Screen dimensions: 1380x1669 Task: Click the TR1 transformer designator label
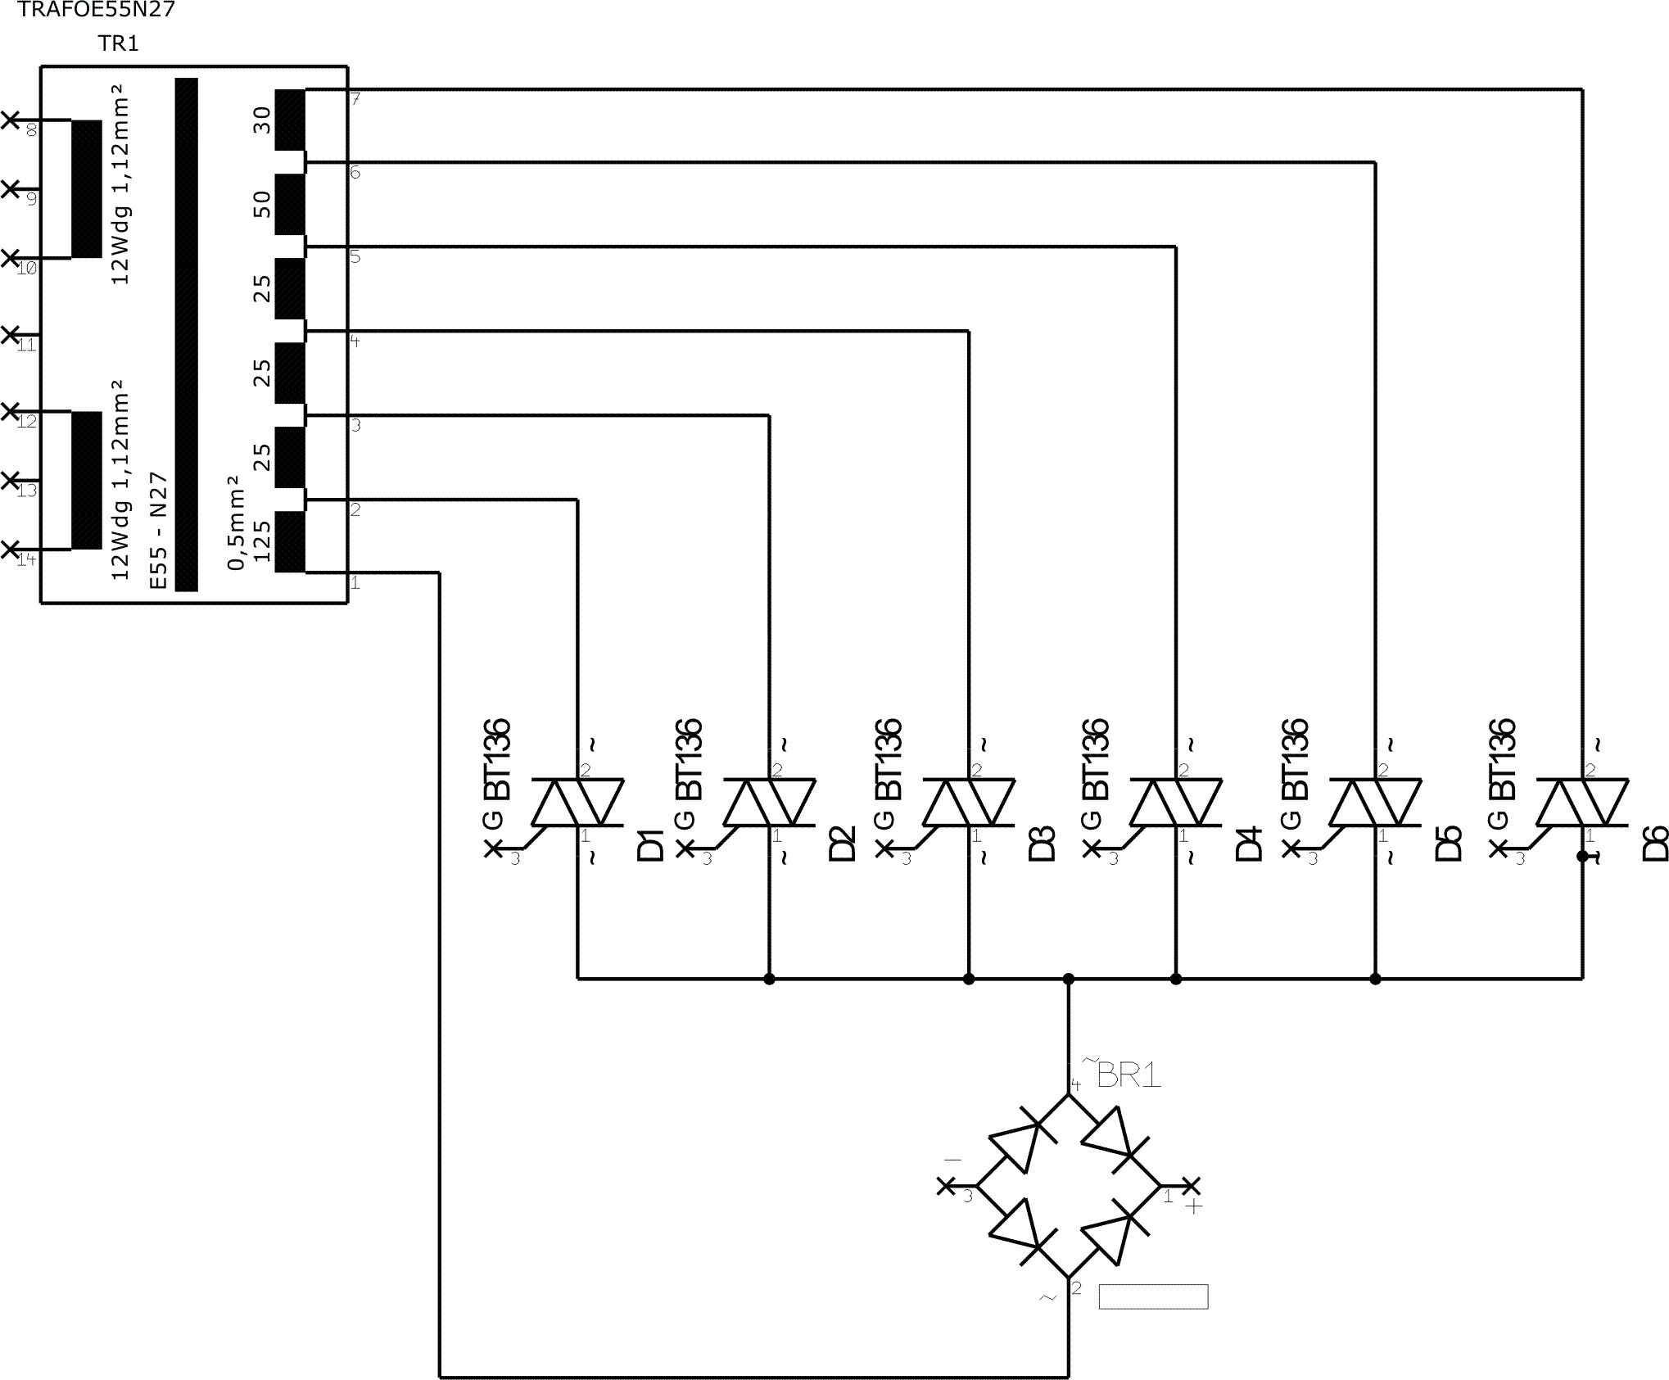[x=119, y=43]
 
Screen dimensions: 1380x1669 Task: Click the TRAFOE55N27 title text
[x=96, y=10]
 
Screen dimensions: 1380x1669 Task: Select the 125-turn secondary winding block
[x=290, y=541]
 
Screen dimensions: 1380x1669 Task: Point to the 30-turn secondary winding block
[x=290, y=120]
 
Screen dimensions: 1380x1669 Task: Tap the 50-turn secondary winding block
[x=290, y=204]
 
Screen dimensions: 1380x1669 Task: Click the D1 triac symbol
[x=578, y=802]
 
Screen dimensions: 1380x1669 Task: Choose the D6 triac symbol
[x=1582, y=802]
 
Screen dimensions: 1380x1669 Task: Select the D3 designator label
[x=1042, y=844]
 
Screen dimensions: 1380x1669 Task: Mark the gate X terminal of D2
[x=685, y=849]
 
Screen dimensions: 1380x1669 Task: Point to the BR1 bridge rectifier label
[x=1128, y=1075]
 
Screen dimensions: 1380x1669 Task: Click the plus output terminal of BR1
[x=1192, y=1185]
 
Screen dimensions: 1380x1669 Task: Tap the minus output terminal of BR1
[x=946, y=1185]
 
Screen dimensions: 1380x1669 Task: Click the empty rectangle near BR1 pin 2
[x=1153, y=1296]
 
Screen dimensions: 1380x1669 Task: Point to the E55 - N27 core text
[x=159, y=530]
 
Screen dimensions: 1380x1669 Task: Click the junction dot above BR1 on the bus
[x=1068, y=979]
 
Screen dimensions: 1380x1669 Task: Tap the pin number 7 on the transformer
[x=355, y=99]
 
